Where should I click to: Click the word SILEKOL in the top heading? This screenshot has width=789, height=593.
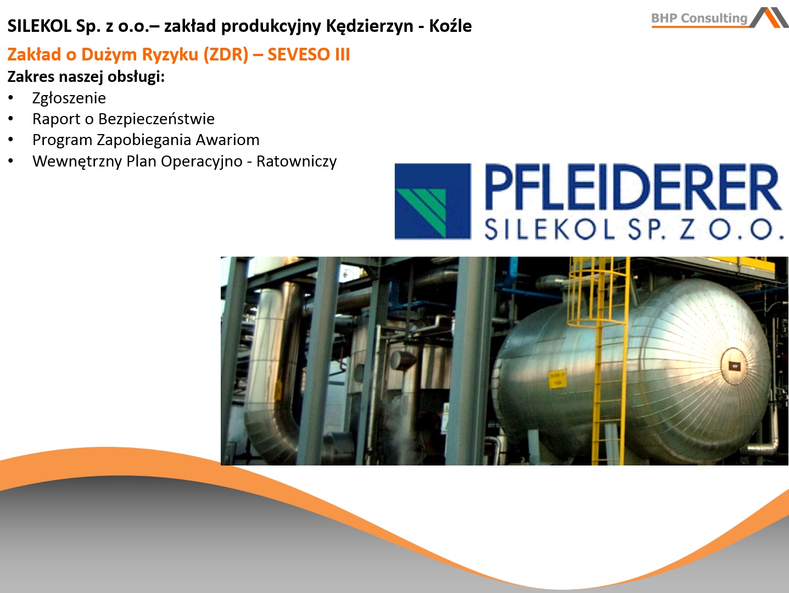[39, 26]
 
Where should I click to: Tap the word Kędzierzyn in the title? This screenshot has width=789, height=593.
[370, 26]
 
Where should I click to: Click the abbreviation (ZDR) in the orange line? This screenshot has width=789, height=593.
[226, 55]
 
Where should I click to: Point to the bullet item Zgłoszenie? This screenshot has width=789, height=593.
[69, 98]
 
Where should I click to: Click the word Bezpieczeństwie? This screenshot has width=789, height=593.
[156, 119]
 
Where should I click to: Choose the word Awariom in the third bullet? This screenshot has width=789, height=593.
[227, 140]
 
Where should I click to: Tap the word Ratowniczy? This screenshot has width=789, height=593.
[296, 162]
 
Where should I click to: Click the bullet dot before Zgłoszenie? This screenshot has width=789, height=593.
[11, 98]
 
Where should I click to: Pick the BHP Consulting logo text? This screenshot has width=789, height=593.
[699, 18]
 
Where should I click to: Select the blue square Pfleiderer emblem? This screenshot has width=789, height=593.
[433, 202]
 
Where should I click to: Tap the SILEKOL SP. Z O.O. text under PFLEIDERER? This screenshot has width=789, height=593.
[634, 230]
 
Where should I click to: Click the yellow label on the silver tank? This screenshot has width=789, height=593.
[557, 379]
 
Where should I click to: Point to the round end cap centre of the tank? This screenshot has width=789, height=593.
[734, 366]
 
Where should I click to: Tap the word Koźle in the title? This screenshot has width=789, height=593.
[450, 26]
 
